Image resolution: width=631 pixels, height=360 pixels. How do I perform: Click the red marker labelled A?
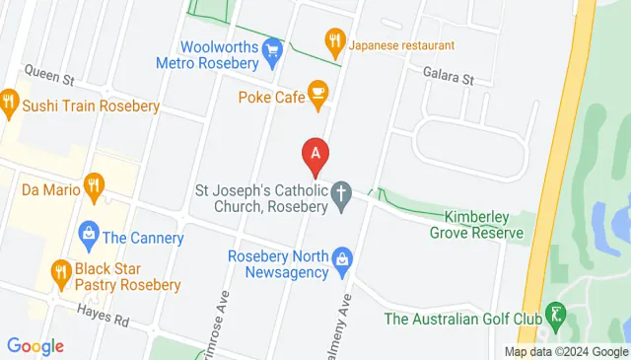point(315,155)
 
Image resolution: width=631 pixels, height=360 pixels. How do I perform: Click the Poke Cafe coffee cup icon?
point(317,93)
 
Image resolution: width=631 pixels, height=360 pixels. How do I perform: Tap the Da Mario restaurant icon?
point(95,183)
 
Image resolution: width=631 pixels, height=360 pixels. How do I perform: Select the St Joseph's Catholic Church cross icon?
point(342,195)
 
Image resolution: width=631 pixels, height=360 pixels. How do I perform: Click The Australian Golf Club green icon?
point(556,316)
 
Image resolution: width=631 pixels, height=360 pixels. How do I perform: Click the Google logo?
point(35,346)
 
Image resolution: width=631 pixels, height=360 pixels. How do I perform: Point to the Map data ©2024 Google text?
point(565,352)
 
